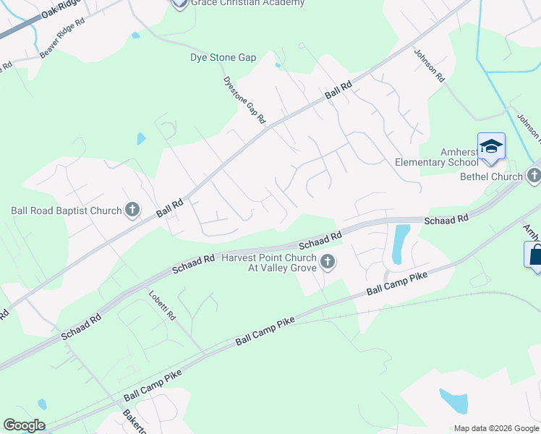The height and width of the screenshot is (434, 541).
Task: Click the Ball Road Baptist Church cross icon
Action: click(x=132, y=210)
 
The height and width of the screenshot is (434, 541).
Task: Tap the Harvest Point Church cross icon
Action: click(x=328, y=261)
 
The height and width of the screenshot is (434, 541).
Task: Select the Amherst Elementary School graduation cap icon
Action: click(x=491, y=146)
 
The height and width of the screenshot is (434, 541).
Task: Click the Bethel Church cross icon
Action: click(x=534, y=176)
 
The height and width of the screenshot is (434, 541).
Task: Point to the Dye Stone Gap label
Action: click(x=223, y=57)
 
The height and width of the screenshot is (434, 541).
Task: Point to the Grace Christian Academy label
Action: click(x=247, y=3)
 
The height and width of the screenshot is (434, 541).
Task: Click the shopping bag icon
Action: click(x=534, y=255)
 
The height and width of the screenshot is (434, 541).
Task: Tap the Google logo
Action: click(x=24, y=425)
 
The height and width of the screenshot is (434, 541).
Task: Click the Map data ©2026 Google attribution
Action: click(x=495, y=428)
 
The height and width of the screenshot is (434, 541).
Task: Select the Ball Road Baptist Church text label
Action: click(x=66, y=211)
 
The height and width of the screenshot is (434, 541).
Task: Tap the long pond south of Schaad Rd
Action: click(x=399, y=243)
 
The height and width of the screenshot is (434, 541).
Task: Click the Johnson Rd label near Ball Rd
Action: click(x=429, y=64)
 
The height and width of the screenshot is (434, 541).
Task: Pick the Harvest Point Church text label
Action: click(x=270, y=263)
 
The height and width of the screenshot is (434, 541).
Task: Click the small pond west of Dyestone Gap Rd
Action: click(x=141, y=138)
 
